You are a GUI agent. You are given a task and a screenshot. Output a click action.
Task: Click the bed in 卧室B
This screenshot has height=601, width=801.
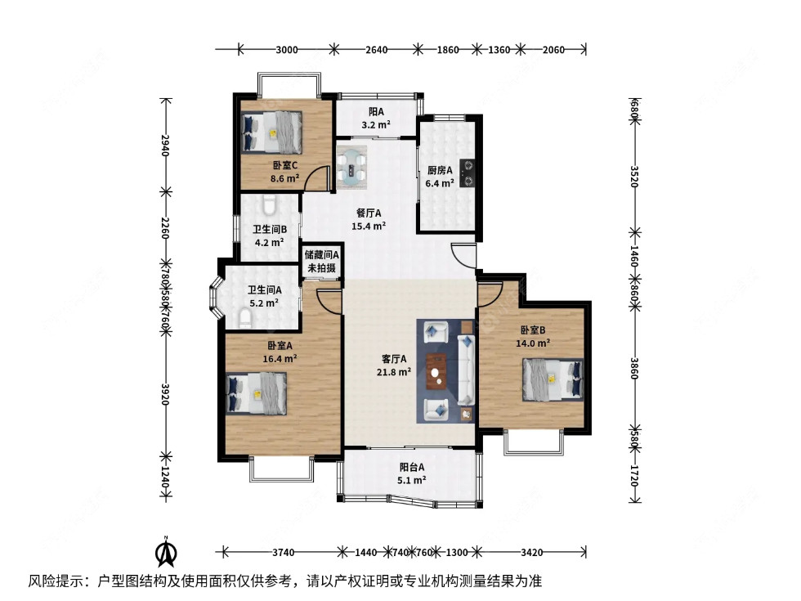coord(553,380)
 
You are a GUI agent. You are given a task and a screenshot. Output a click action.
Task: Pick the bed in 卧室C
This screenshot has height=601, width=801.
coord(273,131)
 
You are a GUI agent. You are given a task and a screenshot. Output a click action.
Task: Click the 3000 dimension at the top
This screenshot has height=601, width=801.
coord(286,50)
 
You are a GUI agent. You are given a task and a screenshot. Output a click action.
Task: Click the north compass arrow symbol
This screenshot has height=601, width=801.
coord(166,553)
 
